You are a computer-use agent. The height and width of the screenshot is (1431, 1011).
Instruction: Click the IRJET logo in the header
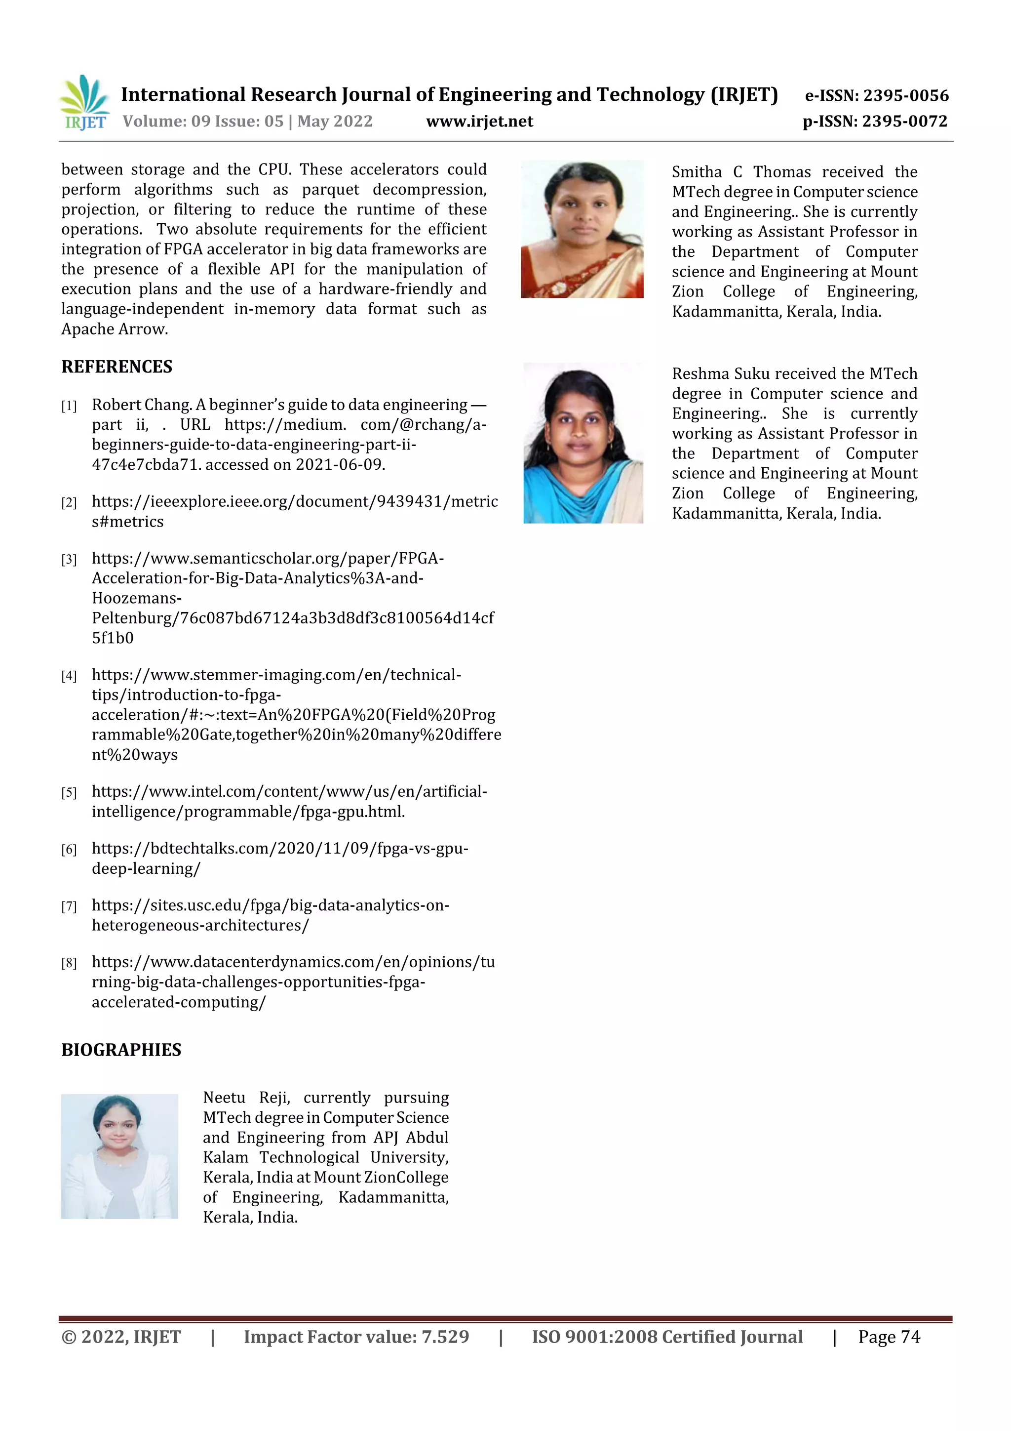[84, 103]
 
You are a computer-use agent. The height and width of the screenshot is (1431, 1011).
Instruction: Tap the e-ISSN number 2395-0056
[906, 95]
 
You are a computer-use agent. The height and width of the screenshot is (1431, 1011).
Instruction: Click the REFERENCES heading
[117, 367]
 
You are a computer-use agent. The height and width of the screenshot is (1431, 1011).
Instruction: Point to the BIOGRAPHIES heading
[121, 1050]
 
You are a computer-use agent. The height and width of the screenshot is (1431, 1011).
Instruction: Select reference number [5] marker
[69, 793]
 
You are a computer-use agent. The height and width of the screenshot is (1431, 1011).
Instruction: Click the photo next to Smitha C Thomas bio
[582, 229]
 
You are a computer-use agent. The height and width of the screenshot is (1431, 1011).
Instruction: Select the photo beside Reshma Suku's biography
[583, 443]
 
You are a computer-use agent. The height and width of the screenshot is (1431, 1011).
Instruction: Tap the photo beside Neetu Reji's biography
[119, 1156]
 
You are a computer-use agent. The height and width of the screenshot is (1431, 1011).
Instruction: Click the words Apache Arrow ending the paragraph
[114, 329]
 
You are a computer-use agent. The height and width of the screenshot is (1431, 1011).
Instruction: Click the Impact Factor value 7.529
[445, 1337]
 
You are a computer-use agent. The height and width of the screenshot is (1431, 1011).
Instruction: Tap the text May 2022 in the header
[335, 122]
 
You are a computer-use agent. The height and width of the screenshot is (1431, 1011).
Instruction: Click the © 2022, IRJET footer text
[121, 1337]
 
